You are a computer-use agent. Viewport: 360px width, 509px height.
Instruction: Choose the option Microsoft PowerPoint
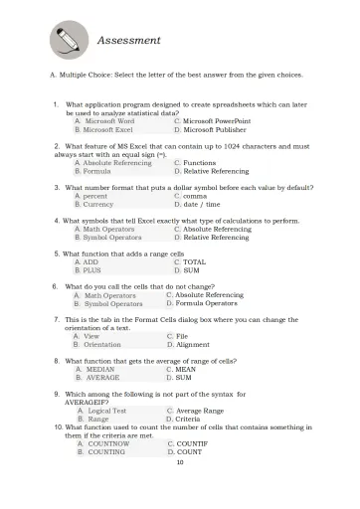pos(216,120)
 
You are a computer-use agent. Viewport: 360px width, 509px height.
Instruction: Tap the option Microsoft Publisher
pos(213,129)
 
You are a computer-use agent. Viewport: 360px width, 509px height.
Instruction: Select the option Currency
pos(104,204)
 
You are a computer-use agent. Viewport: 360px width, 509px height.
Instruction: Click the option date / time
pos(202,204)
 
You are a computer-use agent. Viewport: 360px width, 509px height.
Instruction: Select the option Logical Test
pos(106,411)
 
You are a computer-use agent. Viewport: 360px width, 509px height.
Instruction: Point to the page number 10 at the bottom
pos(180,461)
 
